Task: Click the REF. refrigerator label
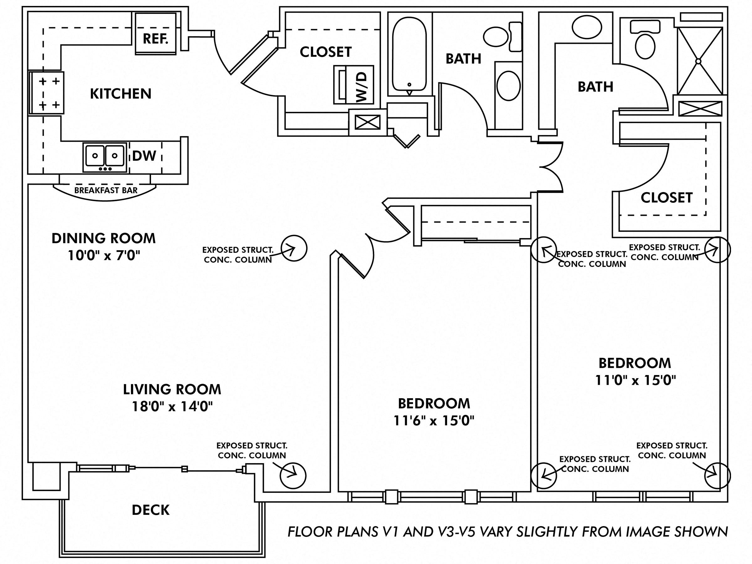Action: coord(155,39)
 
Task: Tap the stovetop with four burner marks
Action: coord(47,93)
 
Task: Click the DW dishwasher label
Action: coord(144,156)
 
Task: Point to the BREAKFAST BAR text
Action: coord(106,191)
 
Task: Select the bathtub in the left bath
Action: coord(409,55)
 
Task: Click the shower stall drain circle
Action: coord(698,61)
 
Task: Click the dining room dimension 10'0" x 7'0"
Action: coord(104,255)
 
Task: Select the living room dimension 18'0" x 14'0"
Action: coord(172,406)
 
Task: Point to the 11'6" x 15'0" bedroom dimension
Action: coord(434,421)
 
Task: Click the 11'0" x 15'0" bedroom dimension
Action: coord(635,380)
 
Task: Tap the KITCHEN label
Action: coord(121,94)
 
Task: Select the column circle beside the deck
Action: coord(293,476)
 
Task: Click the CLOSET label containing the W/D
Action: coord(326,52)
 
